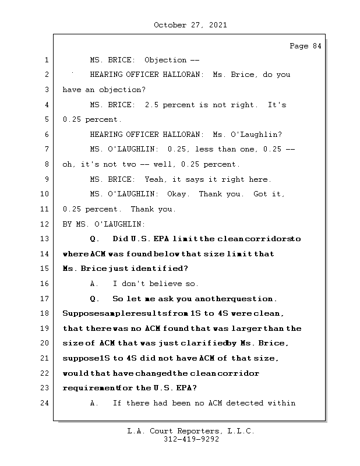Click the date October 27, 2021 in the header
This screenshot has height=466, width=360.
(190, 25)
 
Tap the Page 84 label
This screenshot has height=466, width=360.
(305, 46)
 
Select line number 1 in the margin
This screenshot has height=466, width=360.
(46, 60)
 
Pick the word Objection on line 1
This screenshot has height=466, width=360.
(165, 60)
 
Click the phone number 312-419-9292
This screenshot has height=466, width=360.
(191, 440)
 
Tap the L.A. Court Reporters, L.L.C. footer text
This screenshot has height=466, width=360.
(191, 431)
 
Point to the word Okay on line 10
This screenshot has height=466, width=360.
(178, 194)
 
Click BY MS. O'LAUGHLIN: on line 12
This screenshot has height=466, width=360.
(104, 224)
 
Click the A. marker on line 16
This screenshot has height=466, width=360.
(94, 284)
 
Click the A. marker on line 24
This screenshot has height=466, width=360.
(94, 403)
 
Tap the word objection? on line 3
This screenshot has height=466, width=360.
(124, 90)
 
